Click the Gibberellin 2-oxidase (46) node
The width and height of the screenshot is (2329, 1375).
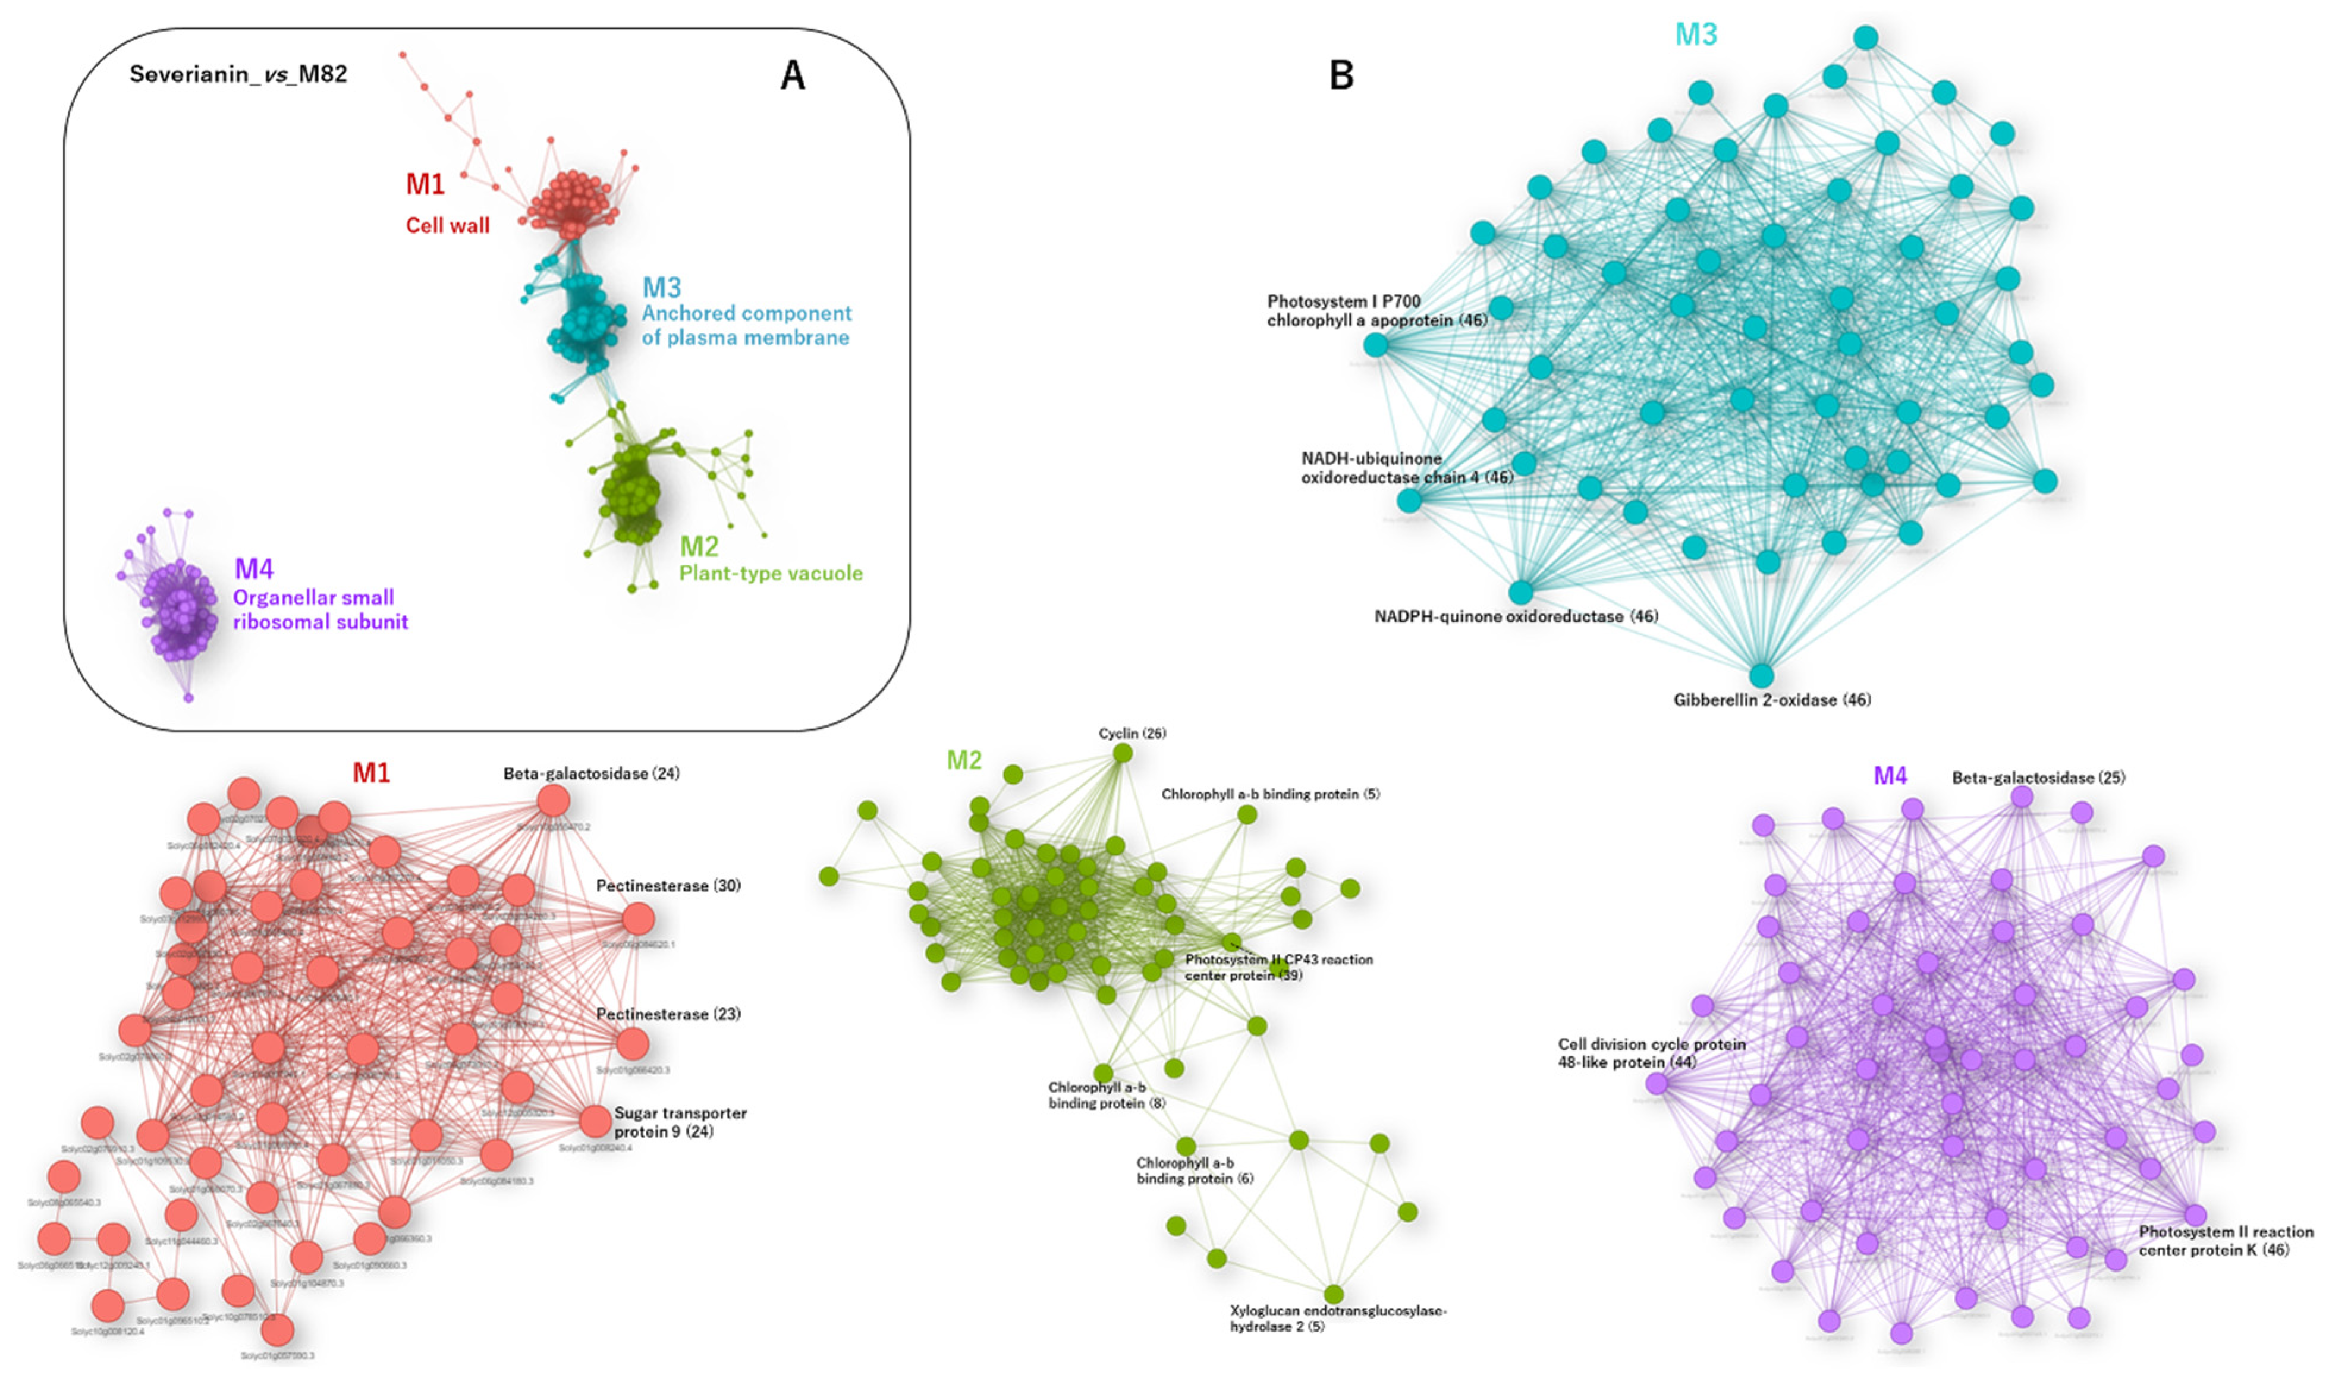tap(1761, 675)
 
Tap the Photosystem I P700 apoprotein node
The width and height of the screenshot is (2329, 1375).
tap(1376, 345)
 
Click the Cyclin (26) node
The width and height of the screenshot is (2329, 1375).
tap(1123, 753)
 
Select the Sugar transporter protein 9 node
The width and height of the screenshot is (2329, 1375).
tap(595, 1122)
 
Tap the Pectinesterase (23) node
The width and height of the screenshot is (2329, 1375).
tap(633, 1044)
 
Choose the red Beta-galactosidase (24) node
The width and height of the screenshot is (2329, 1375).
tap(554, 801)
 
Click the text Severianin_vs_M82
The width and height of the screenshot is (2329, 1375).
tap(238, 74)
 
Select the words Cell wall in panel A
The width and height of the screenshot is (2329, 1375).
tap(448, 225)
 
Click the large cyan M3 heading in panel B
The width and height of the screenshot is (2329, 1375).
tap(1695, 34)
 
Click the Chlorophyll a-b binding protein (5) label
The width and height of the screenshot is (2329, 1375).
tap(1269, 794)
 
